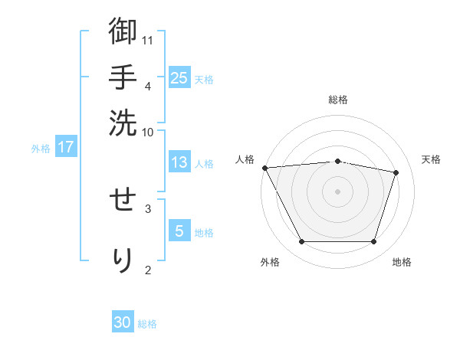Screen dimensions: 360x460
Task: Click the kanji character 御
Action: tap(123, 32)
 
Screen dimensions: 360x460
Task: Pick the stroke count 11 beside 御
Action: tap(149, 40)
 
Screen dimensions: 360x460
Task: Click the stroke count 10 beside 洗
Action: tap(149, 132)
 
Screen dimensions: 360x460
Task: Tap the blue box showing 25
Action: tap(179, 77)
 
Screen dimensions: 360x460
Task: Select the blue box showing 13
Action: tap(179, 162)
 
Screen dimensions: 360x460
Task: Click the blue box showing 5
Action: tap(179, 231)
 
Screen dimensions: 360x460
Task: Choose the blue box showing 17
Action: tap(66, 147)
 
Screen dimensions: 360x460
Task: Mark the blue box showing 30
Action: tap(123, 322)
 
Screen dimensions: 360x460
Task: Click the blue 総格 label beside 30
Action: tap(148, 324)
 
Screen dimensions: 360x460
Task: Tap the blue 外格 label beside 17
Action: tap(41, 149)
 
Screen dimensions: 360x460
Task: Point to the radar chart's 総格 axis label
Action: tap(338, 100)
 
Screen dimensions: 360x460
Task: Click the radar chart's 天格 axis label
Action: tap(432, 159)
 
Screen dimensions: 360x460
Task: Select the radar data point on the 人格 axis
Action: tap(264, 168)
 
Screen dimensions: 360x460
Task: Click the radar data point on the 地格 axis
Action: tap(374, 242)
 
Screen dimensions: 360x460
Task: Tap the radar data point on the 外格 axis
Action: tap(301, 242)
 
